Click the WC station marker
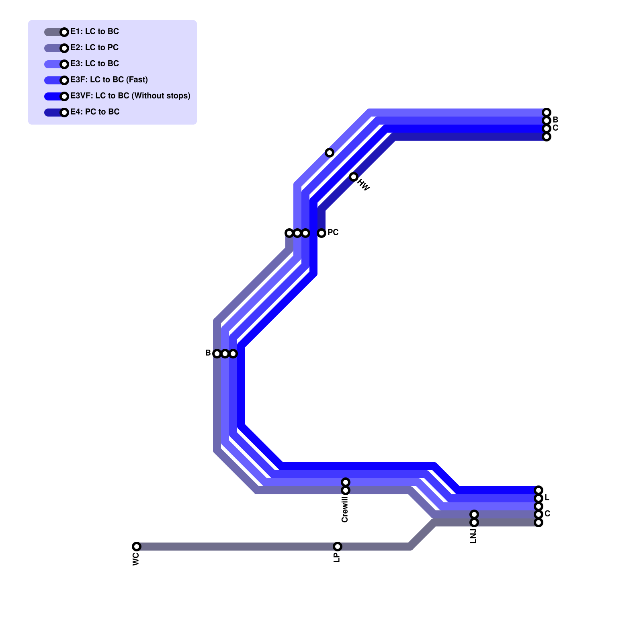pyautogui.click(x=137, y=547)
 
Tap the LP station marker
pyautogui.click(x=338, y=547)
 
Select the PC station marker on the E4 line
pyautogui.click(x=321, y=233)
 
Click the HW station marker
pyautogui.click(x=354, y=177)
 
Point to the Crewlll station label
pyautogui.click(x=345, y=509)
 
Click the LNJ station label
pyautogui.click(x=473, y=536)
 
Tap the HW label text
pyautogui.click(x=363, y=185)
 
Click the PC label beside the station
pyautogui.click(x=333, y=232)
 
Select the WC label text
pyautogui.click(x=136, y=559)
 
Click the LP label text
pyautogui.click(x=337, y=557)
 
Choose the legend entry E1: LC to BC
pyautogui.click(x=94, y=31)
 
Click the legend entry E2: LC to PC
pyautogui.click(x=94, y=47)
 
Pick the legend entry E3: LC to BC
pyautogui.click(x=94, y=63)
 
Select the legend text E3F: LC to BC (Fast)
pyautogui.click(x=109, y=80)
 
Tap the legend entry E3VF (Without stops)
pyautogui.click(x=130, y=96)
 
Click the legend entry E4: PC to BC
pyautogui.click(x=95, y=112)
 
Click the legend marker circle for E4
pyautogui.click(x=64, y=113)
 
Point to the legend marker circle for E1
pyautogui.click(x=64, y=32)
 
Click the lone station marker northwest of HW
pyautogui.click(x=330, y=153)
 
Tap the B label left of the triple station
pyautogui.click(x=208, y=353)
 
